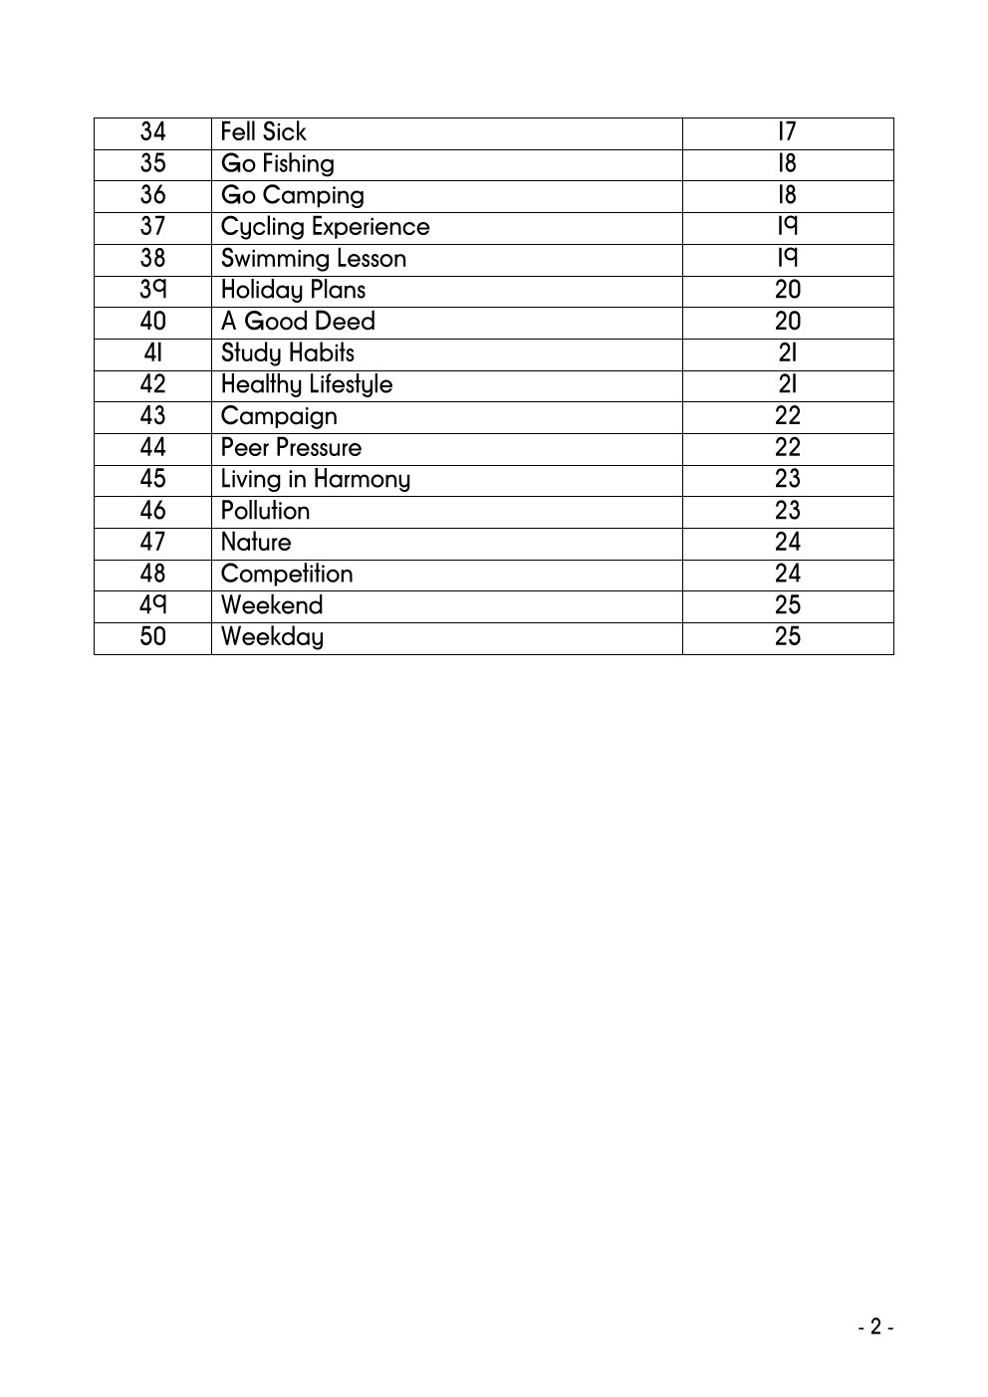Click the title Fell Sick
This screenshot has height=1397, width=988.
(x=263, y=132)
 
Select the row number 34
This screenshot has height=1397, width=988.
(x=152, y=132)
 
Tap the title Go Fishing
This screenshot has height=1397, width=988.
(x=277, y=164)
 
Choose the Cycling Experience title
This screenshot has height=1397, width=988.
(x=325, y=227)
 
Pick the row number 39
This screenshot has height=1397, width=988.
(x=152, y=290)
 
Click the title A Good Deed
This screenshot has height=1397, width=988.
(x=298, y=322)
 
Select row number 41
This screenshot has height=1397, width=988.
(x=152, y=353)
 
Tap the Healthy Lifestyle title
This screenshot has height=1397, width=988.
(x=307, y=385)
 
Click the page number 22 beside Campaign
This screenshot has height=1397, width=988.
(x=787, y=416)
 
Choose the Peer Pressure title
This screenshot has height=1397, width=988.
(x=291, y=448)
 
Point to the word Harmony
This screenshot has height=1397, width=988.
(x=362, y=480)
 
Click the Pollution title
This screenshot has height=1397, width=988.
(x=265, y=511)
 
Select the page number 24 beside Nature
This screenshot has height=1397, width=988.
(x=787, y=543)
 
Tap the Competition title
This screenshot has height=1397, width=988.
(x=287, y=575)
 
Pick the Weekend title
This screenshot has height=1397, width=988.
(x=272, y=605)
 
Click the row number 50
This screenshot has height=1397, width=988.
(x=152, y=637)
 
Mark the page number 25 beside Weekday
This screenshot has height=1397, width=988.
(x=787, y=637)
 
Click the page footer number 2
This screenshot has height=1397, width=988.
(x=875, y=1326)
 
